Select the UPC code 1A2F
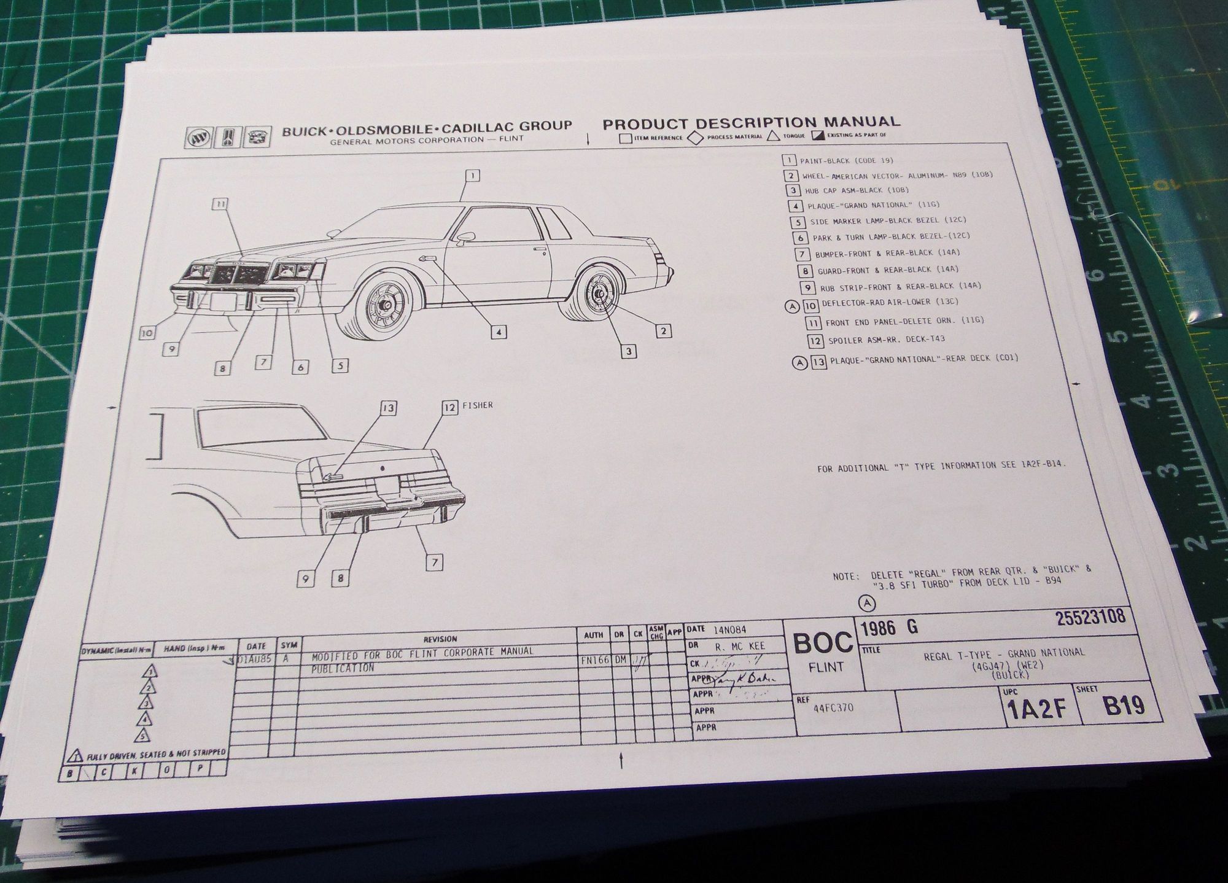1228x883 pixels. [1037, 710]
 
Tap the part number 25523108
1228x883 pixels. [1090, 618]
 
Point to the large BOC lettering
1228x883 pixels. [823, 644]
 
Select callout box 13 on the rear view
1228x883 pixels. [387, 408]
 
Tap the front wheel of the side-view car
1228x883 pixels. [383, 303]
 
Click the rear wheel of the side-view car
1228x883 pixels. [597, 294]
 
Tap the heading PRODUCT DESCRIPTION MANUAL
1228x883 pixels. [751, 123]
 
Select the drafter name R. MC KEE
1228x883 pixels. [739, 647]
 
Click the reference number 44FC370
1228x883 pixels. [833, 708]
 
